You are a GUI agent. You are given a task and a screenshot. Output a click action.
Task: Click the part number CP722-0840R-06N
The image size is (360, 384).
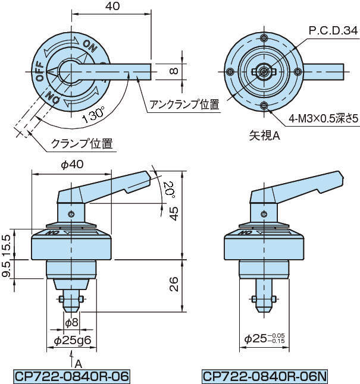pos(265,376)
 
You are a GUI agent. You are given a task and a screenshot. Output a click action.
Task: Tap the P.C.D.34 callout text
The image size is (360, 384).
pos(333,30)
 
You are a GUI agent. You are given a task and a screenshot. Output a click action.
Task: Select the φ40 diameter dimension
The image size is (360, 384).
pos(71,166)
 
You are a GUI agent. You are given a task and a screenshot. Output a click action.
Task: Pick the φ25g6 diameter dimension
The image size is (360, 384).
pos(71,341)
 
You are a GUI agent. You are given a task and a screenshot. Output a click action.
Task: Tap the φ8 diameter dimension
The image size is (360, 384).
pos(71,322)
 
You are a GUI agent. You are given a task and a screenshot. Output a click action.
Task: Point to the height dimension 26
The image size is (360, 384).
pos(173,286)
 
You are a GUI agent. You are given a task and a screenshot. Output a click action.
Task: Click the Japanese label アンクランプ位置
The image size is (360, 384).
pos(184,105)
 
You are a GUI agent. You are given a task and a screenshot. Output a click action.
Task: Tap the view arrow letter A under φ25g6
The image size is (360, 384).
pos(78,363)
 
